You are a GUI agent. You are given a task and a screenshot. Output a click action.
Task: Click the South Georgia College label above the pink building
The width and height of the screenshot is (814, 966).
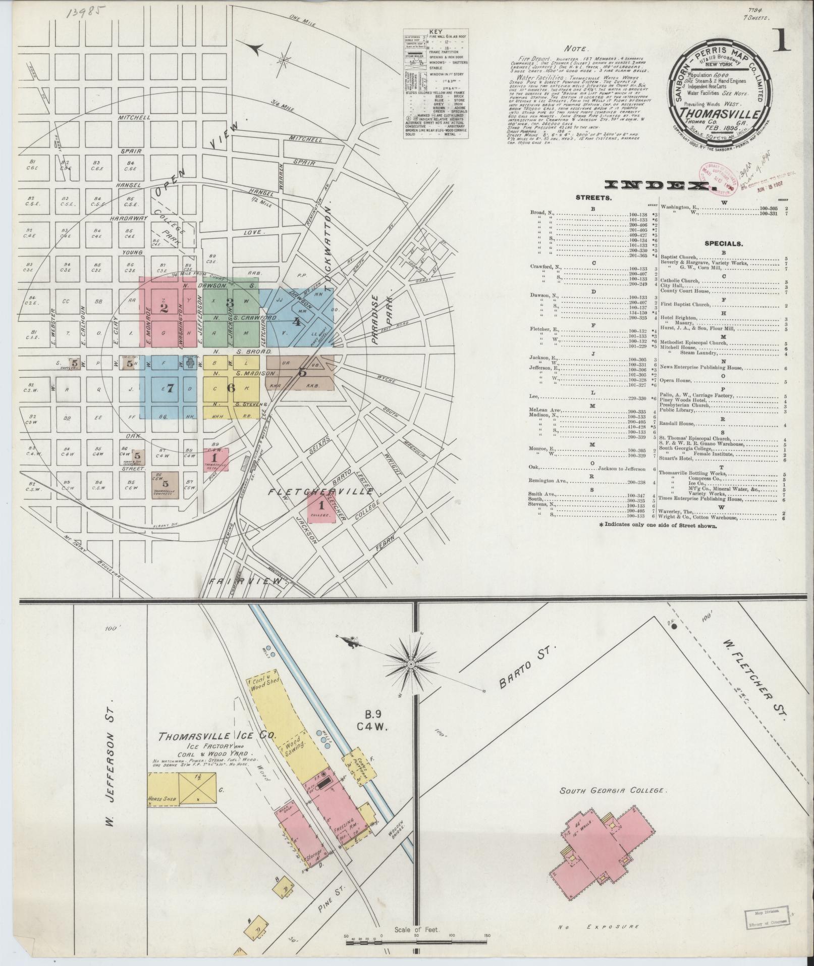613,790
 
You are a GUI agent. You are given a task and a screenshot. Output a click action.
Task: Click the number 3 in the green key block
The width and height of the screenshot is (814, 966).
230,302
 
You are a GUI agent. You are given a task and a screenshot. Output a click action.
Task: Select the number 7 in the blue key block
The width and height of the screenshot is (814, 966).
170,388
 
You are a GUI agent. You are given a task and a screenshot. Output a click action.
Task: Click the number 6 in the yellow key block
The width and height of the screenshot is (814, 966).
231,388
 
